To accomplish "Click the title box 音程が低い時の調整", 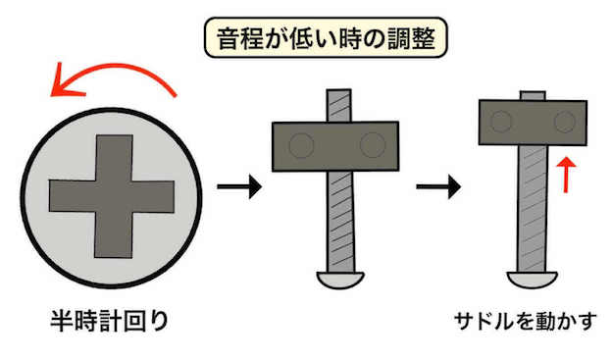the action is [x=326, y=38].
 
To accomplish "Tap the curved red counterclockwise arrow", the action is [x=113, y=67].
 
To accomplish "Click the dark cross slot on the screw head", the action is [x=112, y=196].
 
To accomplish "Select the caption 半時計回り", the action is [x=110, y=321].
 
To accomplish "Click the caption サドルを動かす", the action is [x=526, y=321].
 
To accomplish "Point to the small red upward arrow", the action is [x=566, y=175].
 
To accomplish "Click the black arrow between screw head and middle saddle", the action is [x=239, y=186].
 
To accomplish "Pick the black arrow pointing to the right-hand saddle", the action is [x=438, y=186].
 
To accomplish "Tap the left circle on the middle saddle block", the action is [x=301, y=145].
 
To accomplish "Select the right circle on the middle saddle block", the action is [x=373, y=145].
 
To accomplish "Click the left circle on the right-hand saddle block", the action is [x=501, y=122].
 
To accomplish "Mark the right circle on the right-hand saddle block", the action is [x=565, y=122].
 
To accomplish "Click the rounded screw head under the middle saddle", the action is [x=340, y=280].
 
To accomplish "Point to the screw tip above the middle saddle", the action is [x=339, y=106].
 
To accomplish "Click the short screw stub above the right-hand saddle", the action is [x=533, y=96].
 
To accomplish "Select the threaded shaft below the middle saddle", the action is [x=341, y=222].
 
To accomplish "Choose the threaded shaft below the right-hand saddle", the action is [x=532, y=209].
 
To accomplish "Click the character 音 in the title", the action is [x=229, y=38].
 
